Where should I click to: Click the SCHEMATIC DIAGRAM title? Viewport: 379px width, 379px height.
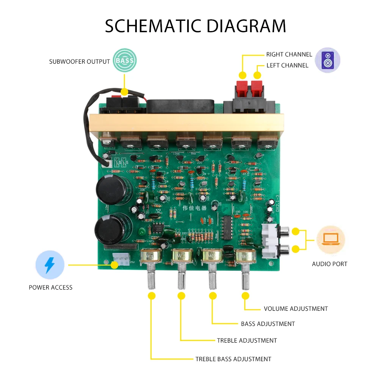(195, 26)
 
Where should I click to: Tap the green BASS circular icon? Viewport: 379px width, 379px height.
(125, 61)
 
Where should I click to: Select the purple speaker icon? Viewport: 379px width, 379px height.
(327, 60)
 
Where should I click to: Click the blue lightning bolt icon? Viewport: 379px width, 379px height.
(50, 265)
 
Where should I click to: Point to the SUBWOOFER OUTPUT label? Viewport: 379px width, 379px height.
(80, 61)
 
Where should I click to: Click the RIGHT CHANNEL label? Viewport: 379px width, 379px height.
(289, 55)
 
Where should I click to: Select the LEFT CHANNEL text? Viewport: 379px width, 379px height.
(287, 66)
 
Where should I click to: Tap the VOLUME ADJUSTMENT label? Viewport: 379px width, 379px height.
(296, 309)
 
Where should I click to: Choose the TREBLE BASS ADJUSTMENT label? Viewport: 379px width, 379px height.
(233, 359)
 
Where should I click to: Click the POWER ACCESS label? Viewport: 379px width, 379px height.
(50, 288)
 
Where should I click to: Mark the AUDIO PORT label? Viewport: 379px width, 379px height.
(329, 264)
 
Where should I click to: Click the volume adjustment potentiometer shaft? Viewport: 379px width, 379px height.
(245, 278)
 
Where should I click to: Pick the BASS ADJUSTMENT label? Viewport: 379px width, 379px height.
(268, 324)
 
